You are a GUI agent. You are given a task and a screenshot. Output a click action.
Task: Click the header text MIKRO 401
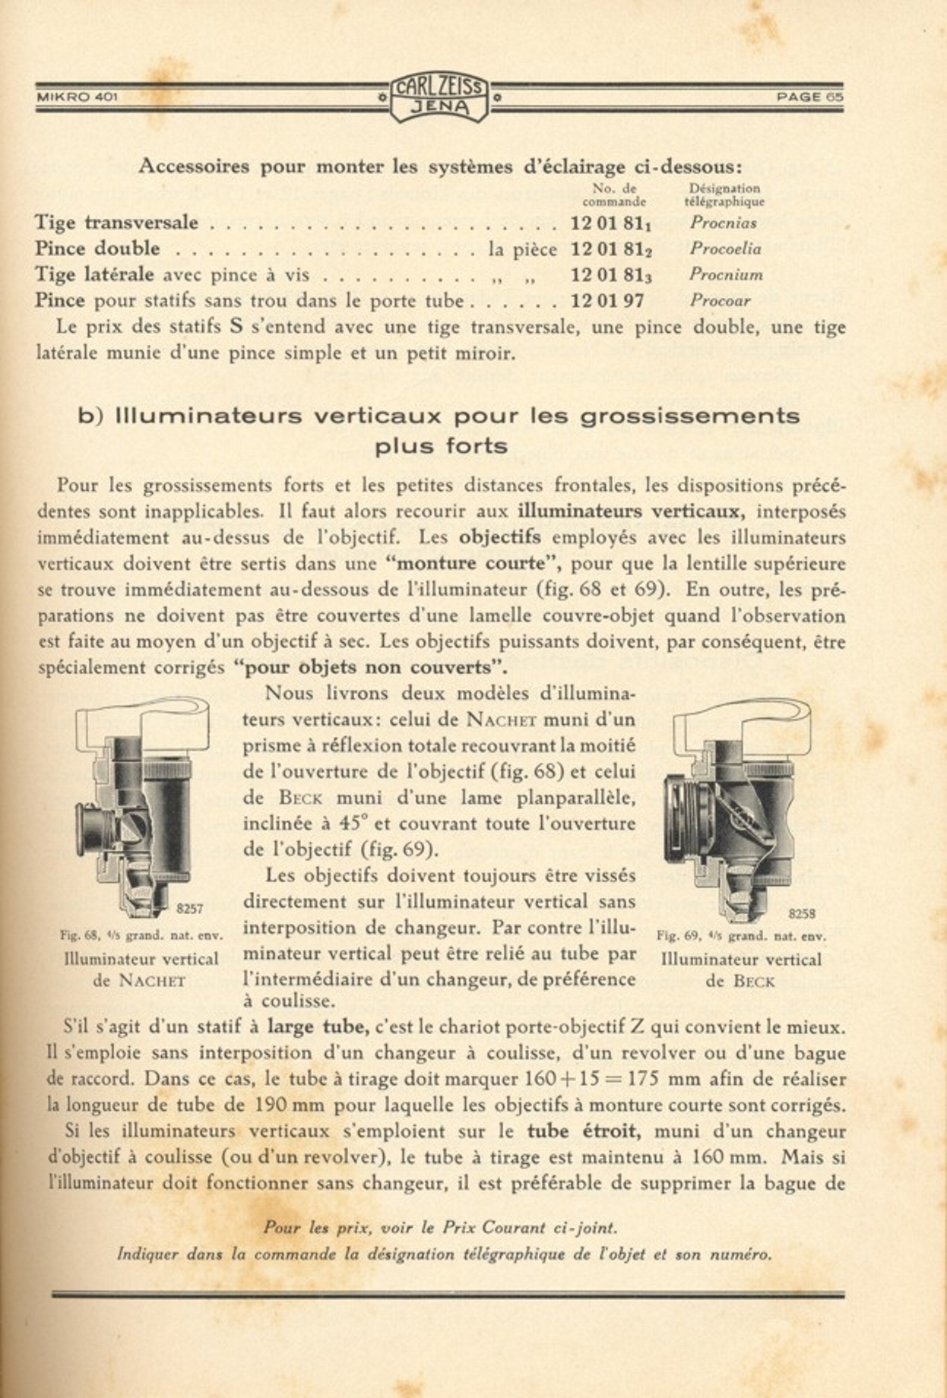(77, 97)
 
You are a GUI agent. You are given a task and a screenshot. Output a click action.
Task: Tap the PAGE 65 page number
(809, 97)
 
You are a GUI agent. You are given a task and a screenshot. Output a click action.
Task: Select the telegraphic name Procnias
(723, 223)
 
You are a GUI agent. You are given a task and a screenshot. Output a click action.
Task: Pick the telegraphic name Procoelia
(725, 249)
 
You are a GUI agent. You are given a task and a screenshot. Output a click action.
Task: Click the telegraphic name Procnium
(726, 275)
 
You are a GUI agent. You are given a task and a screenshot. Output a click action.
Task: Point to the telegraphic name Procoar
(720, 301)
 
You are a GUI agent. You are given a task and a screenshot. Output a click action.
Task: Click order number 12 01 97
(607, 301)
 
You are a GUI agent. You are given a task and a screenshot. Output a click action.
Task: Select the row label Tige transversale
(116, 223)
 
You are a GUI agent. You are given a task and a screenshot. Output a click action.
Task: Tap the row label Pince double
(97, 249)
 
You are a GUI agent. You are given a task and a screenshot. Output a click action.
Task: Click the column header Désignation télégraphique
(724, 195)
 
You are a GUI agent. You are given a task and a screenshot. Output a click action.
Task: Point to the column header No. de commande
(614, 195)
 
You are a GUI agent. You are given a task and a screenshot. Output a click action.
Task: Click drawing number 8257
(189, 908)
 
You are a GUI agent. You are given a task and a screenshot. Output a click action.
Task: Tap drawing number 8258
(802, 914)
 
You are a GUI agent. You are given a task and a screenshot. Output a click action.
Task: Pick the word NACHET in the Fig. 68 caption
(152, 981)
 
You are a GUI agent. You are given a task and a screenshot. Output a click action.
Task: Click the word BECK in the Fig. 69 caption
(754, 982)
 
